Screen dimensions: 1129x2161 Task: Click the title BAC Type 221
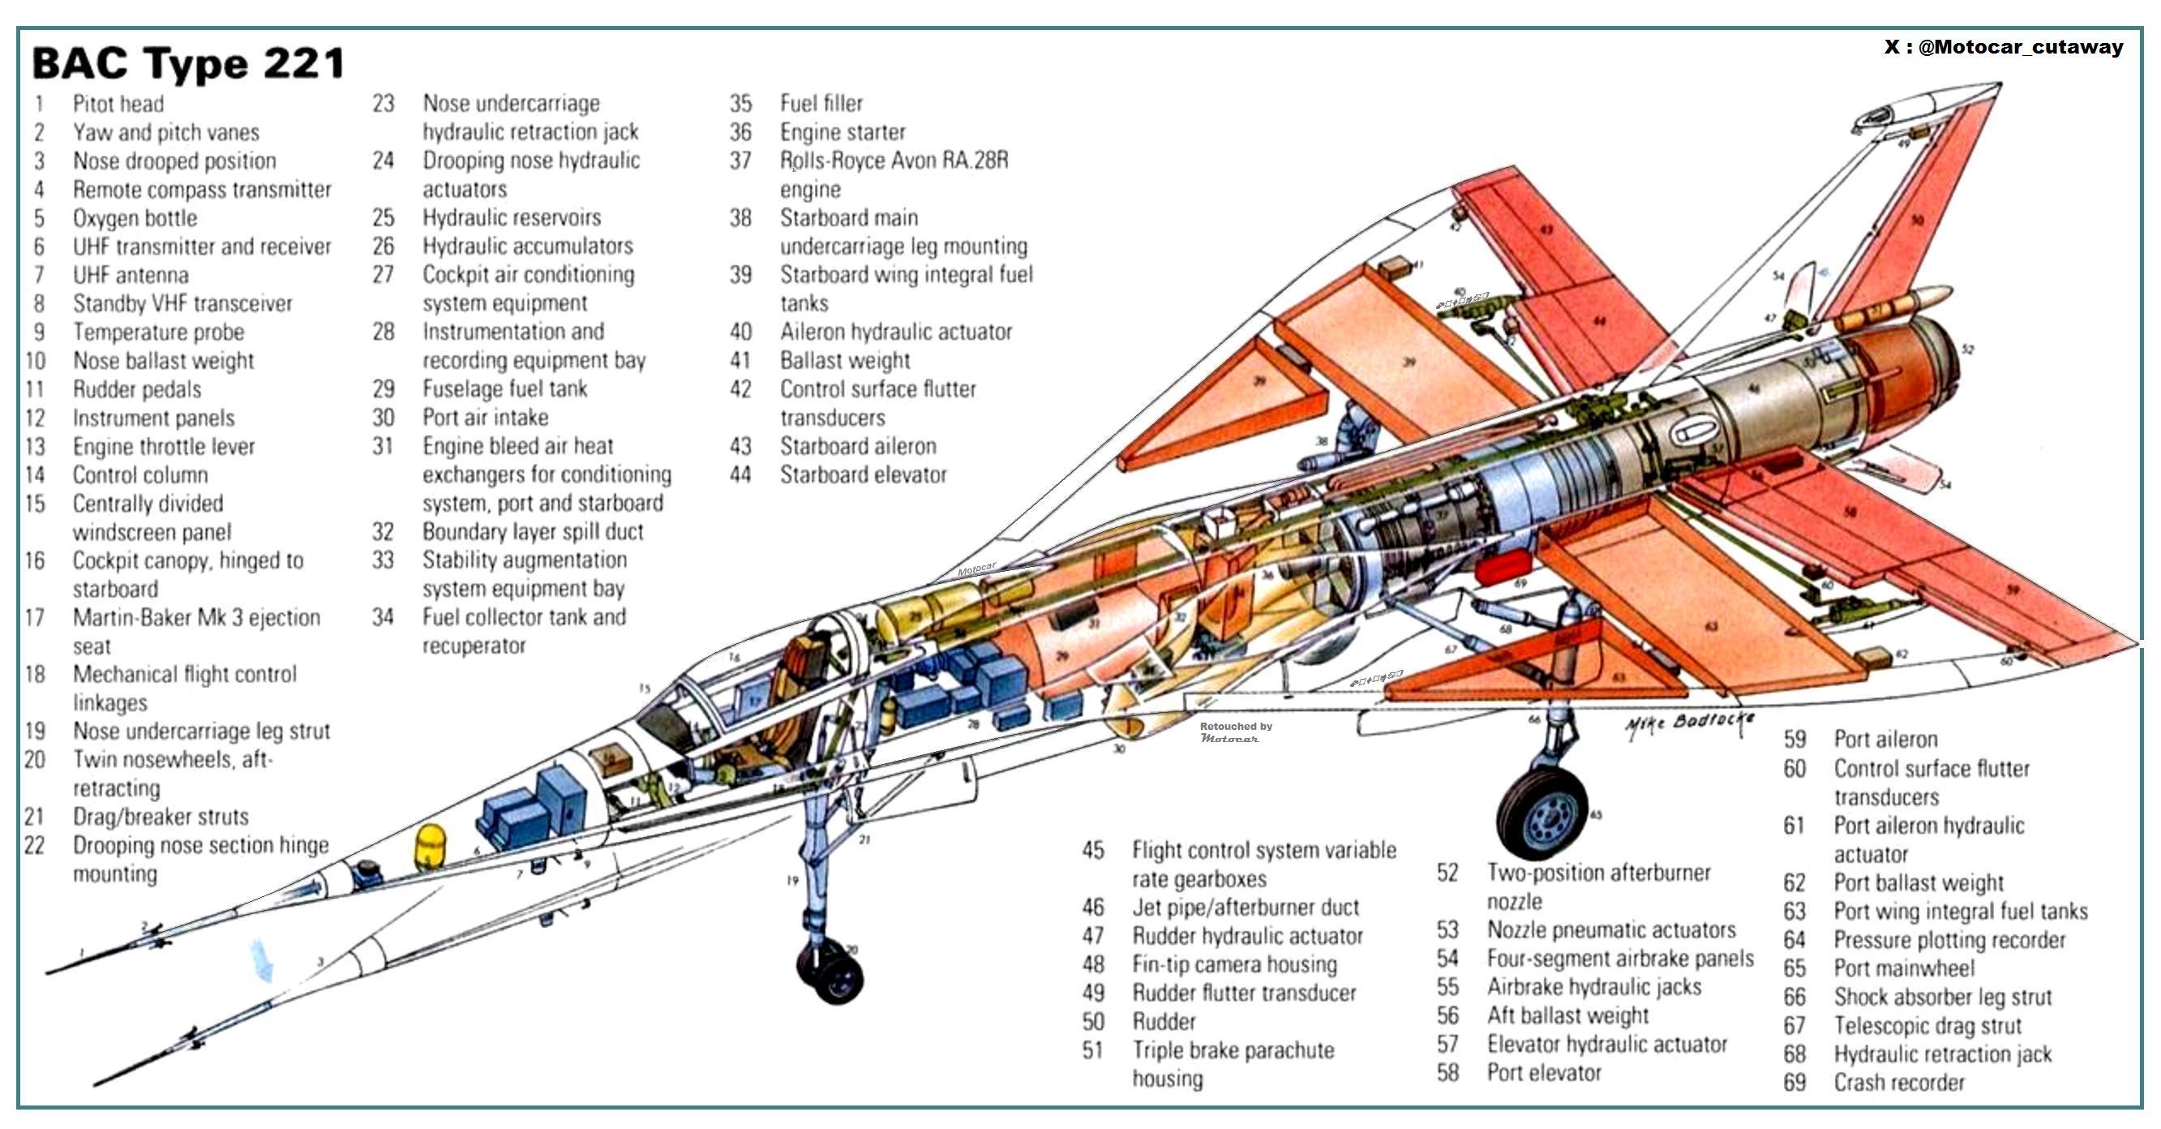click(x=188, y=64)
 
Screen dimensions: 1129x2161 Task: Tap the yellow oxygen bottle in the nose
click(x=431, y=846)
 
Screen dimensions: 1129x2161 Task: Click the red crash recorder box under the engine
click(x=1502, y=569)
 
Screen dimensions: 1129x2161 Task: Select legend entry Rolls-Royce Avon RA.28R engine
click(x=894, y=174)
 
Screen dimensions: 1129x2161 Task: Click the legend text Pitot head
click(x=118, y=104)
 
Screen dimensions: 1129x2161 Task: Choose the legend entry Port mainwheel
click(x=1903, y=968)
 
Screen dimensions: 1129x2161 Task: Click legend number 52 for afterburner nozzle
click(x=1447, y=873)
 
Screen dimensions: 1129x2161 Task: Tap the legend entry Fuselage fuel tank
click(x=504, y=388)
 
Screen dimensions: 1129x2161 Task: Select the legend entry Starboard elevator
click(x=863, y=474)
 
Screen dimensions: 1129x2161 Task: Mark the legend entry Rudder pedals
click(x=137, y=389)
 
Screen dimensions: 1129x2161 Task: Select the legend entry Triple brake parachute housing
click(x=1233, y=1063)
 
